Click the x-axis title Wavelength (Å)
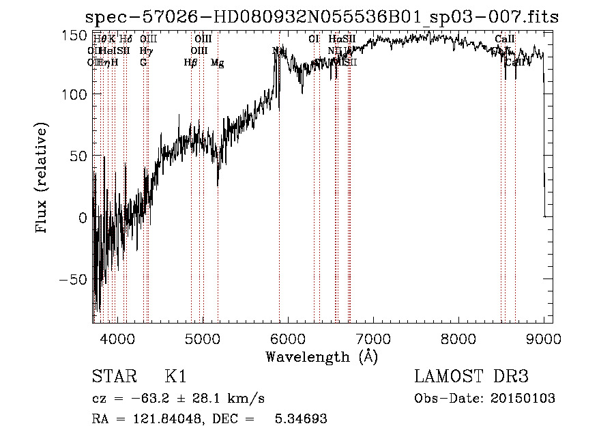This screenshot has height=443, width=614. (x=321, y=356)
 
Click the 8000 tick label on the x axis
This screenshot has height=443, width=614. (x=458, y=338)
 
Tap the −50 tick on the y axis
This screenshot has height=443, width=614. (x=71, y=280)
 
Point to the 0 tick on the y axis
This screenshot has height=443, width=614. (x=83, y=218)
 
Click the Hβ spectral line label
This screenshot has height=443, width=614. (x=190, y=63)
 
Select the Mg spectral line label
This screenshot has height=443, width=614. (x=218, y=63)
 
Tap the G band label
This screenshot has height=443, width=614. (x=143, y=63)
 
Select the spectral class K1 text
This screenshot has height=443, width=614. (x=175, y=377)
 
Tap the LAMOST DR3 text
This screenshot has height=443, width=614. (x=471, y=377)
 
